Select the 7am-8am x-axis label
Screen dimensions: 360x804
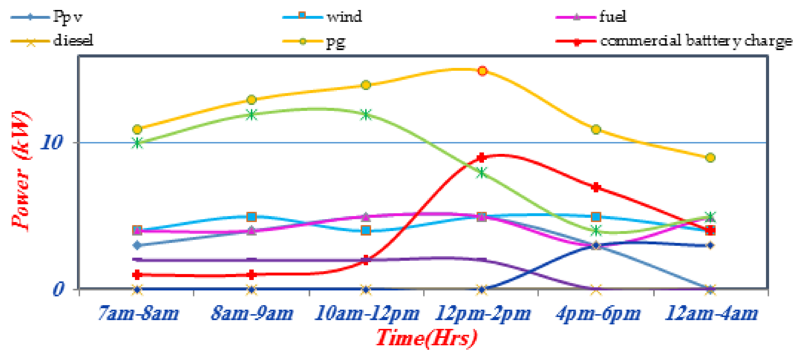(138, 313)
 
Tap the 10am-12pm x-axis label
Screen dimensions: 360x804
(367, 313)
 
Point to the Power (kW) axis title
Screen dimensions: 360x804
(21, 171)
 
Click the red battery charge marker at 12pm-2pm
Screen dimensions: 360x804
(482, 157)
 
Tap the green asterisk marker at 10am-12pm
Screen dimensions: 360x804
(366, 114)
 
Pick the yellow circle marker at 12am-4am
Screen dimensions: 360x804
(710, 157)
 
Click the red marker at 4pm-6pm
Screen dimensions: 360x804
(596, 187)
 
